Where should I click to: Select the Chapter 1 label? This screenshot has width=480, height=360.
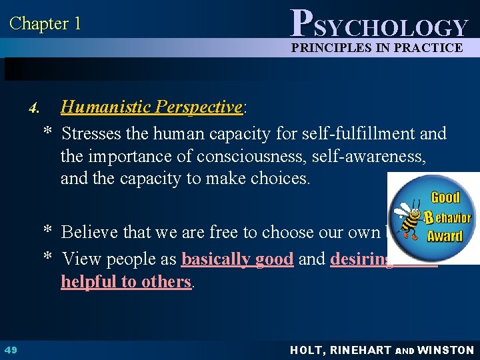point(45,23)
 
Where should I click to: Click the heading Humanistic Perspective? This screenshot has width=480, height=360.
point(151,107)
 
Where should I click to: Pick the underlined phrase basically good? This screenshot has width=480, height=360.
point(237,259)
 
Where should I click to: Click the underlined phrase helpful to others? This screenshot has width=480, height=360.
point(126,281)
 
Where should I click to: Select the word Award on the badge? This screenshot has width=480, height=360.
point(445,235)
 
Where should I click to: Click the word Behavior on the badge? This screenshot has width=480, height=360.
point(447,217)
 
